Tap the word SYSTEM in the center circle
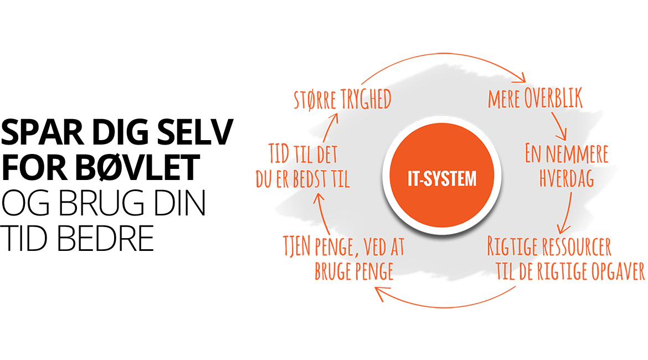[449, 179]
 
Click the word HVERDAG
[565, 178]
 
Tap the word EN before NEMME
[533, 155]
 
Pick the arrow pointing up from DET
[329, 126]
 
